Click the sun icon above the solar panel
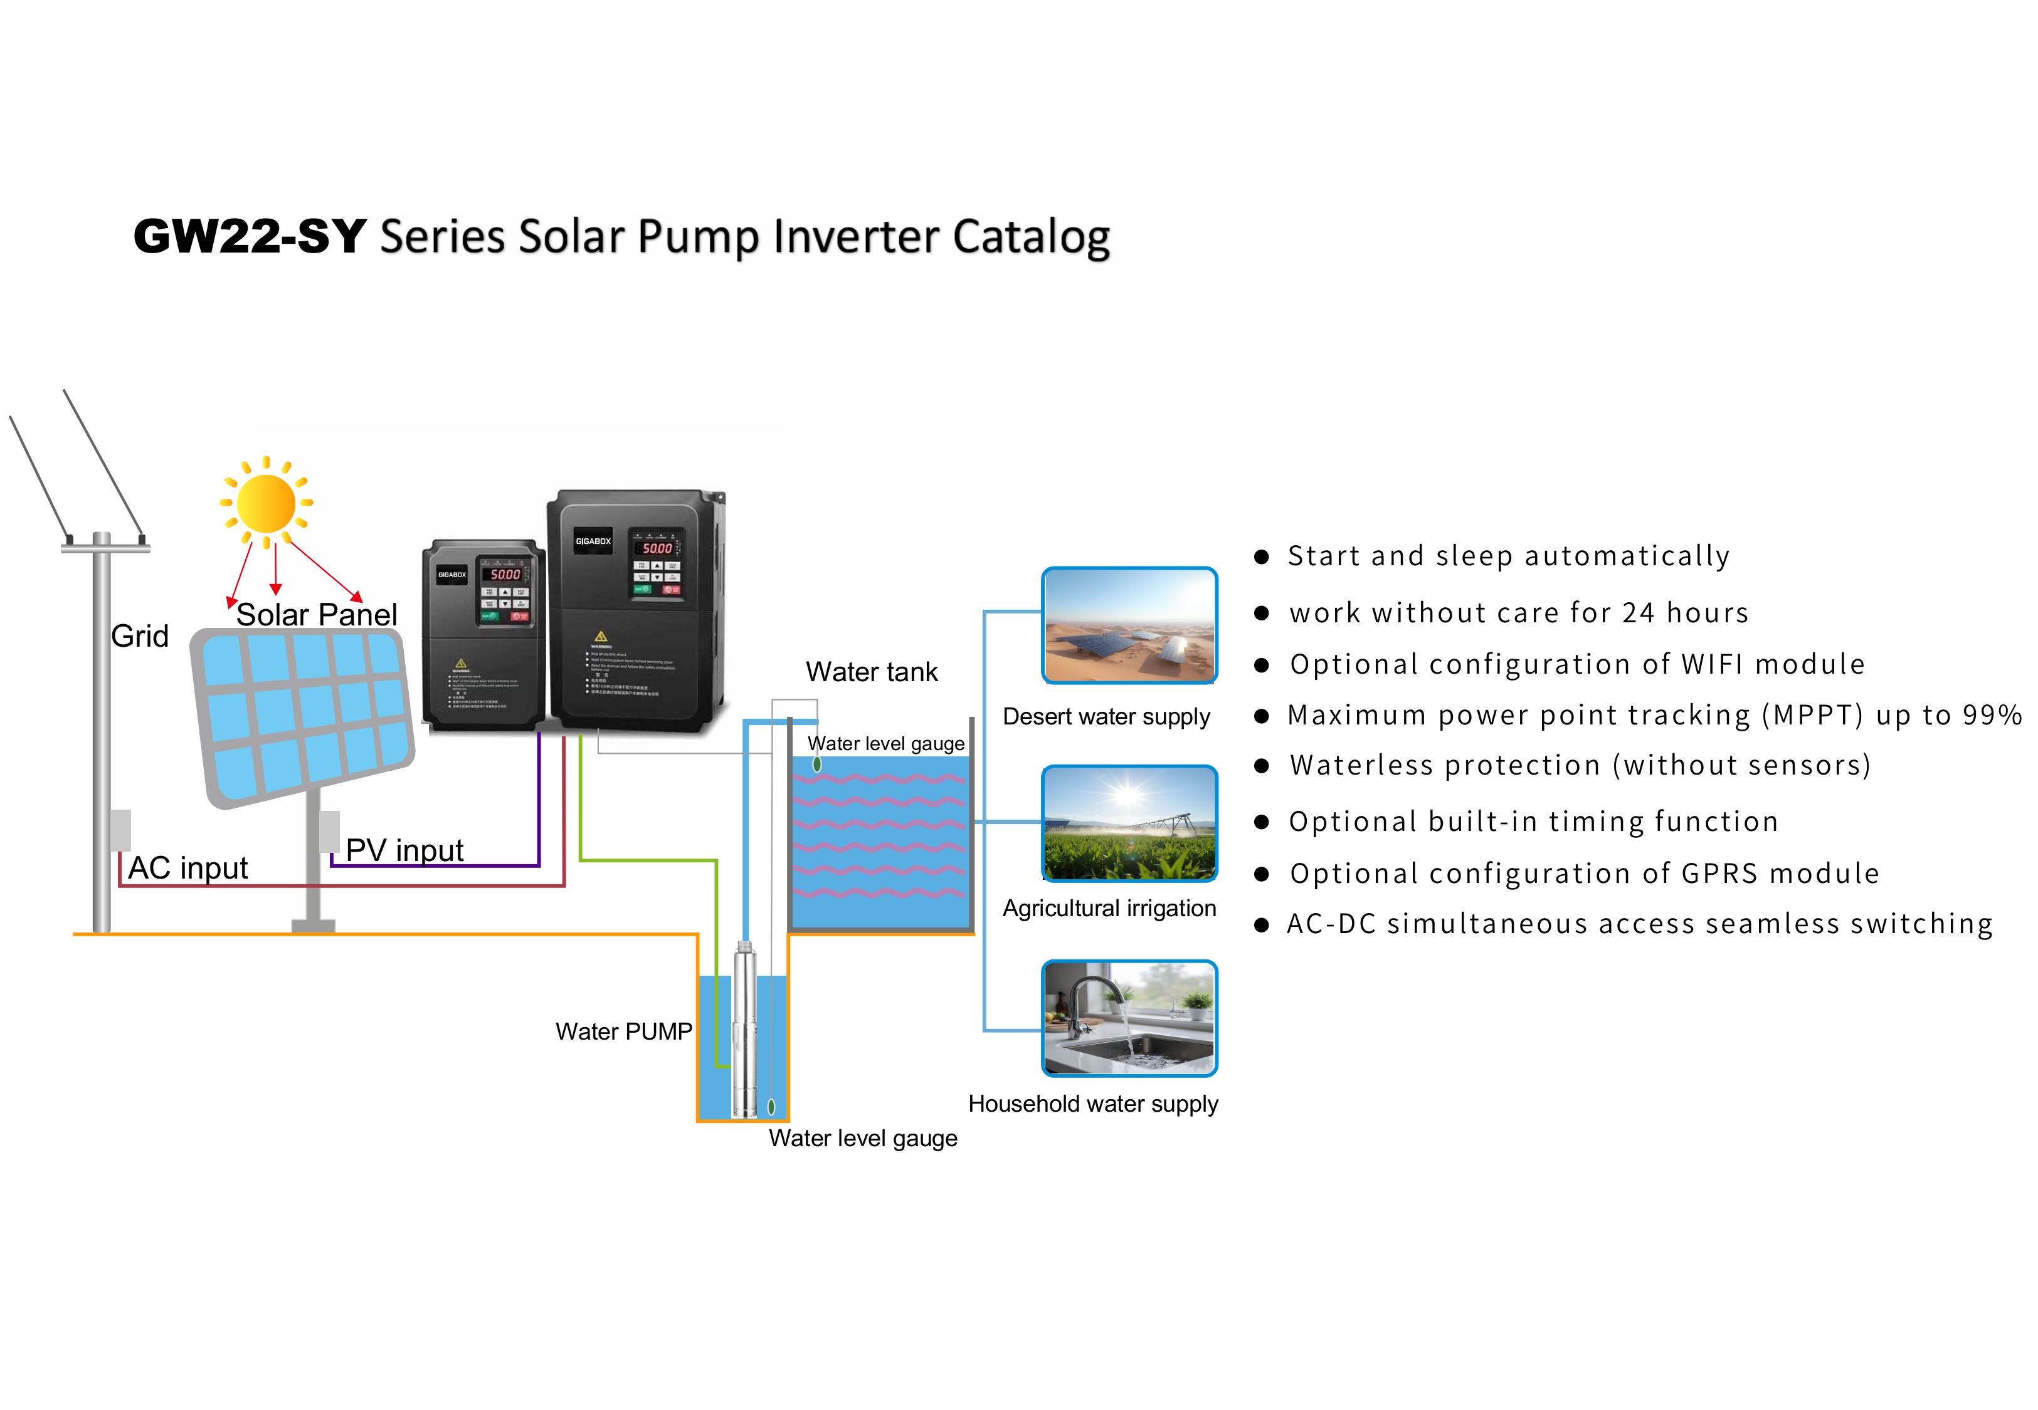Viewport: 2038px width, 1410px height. (266, 503)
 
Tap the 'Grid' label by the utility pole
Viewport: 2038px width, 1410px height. (140, 636)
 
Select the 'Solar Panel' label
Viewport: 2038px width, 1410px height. (317, 615)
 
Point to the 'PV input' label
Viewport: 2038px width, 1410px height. (404, 850)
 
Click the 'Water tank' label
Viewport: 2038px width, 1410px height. (872, 672)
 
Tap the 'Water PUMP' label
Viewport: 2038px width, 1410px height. (623, 1032)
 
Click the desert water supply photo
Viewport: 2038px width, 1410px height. (1129, 625)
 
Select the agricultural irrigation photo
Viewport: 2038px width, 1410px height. (1129, 823)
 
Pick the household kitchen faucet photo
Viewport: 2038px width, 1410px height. (1129, 1018)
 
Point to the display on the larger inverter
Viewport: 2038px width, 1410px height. (657, 548)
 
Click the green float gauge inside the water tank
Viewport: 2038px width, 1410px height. (816, 764)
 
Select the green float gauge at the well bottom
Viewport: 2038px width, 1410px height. (771, 1106)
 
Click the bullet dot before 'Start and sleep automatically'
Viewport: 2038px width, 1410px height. (1262, 558)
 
